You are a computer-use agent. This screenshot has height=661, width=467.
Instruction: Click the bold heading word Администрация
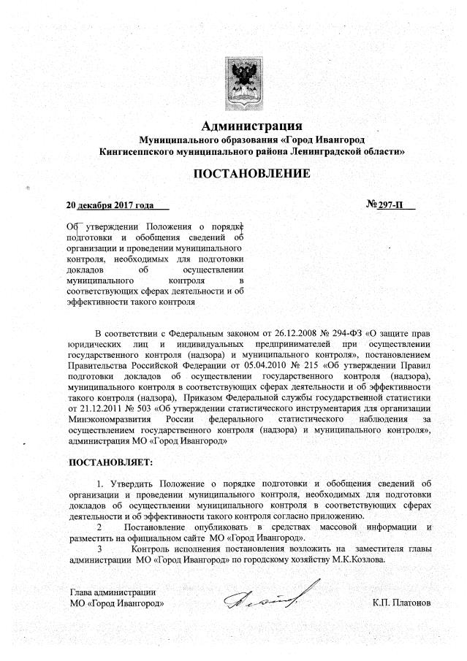251,126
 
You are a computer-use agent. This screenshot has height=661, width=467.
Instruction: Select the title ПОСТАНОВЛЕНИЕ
251,173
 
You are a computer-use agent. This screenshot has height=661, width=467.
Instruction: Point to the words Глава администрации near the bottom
113,592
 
